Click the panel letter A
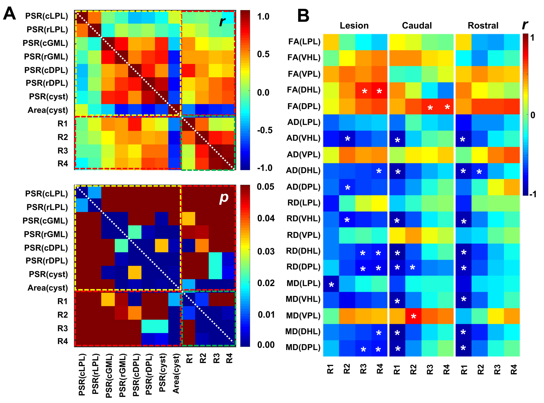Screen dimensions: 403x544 click(9, 14)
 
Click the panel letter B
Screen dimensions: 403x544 click(303, 15)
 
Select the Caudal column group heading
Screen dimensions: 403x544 click(417, 26)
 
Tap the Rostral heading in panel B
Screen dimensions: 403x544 click(483, 26)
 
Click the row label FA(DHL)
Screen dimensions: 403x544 click(303, 90)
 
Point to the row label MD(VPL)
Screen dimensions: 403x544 click(303, 316)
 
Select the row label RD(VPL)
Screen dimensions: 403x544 click(303, 235)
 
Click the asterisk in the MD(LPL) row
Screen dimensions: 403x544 click(331, 285)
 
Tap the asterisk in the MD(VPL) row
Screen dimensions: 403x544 click(413, 317)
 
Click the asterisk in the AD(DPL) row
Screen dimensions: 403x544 click(348, 188)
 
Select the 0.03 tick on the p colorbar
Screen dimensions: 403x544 click(266, 252)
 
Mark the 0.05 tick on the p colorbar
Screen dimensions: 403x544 click(266, 187)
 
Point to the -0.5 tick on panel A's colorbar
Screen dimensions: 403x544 click(265, 130)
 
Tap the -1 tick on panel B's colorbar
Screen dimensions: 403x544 click(533, 194)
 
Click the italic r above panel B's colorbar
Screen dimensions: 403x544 click(525, 25)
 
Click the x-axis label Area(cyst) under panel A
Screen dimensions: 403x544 click(176, 374)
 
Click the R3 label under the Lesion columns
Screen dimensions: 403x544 click(363, 369)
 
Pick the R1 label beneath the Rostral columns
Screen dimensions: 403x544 click(464, 369)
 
